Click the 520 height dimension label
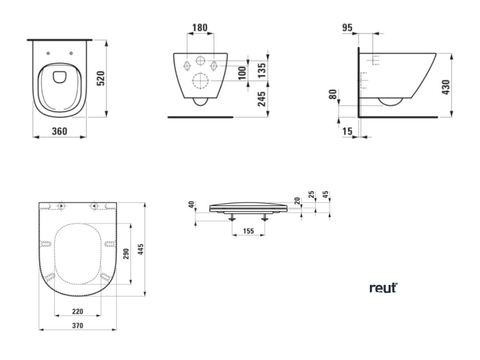[x=100, y=79]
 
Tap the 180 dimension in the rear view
[x=200, y=27]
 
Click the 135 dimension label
[x=262, y=70]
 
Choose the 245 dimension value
[x=262, y=98]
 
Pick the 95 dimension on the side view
[x=347, y=28]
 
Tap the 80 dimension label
[x=333, y=94]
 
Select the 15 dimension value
[x=347, y=132]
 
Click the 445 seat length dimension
[x=140, y=250]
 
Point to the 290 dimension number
[x=126, y=254]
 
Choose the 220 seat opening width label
[x=78, y=311]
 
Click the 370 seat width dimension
[x=77, y=325]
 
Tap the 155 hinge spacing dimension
[x=248, y=231]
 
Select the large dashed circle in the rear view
[x=200, y=81]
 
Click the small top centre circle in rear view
[x=200, y=61]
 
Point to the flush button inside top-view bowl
[x=60, y=76]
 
